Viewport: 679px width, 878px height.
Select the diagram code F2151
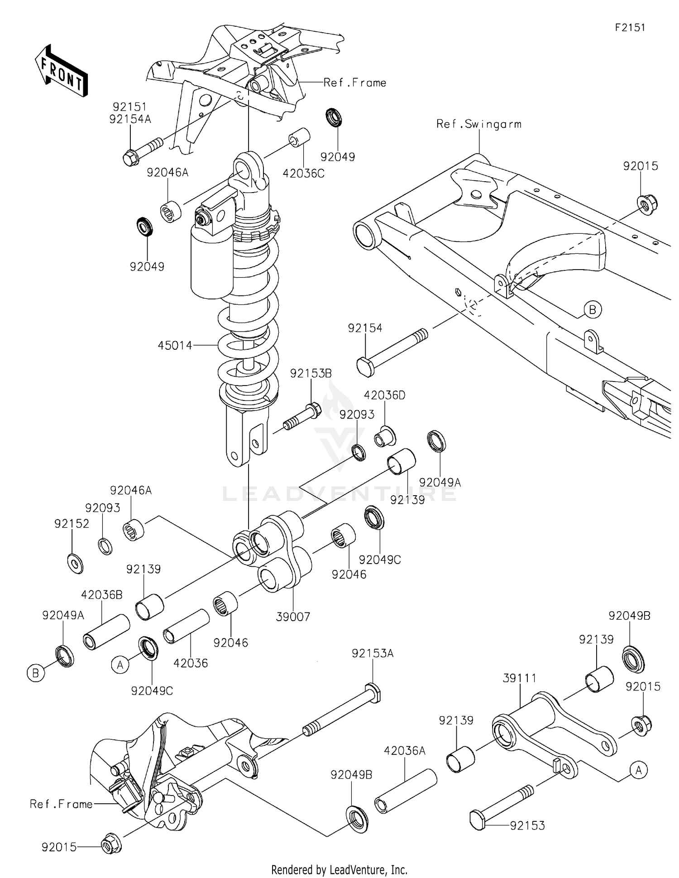630,28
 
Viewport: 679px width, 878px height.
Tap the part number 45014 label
175,346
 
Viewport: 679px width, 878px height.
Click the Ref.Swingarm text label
478,124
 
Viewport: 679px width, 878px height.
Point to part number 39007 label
293,617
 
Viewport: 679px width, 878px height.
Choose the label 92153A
373,653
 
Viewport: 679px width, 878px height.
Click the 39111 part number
519,678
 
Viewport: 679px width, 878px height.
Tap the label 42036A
405,751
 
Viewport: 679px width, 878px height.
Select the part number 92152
72,524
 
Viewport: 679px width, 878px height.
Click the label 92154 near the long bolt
365,328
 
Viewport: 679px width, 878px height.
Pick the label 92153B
311,373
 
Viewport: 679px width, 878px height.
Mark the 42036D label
384,395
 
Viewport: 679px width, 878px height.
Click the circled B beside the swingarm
592,310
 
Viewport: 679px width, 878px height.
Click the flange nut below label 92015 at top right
647,204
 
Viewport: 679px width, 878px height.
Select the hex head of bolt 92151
130,157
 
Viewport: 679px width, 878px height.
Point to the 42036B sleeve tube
106,632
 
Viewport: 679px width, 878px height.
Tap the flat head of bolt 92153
478,820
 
